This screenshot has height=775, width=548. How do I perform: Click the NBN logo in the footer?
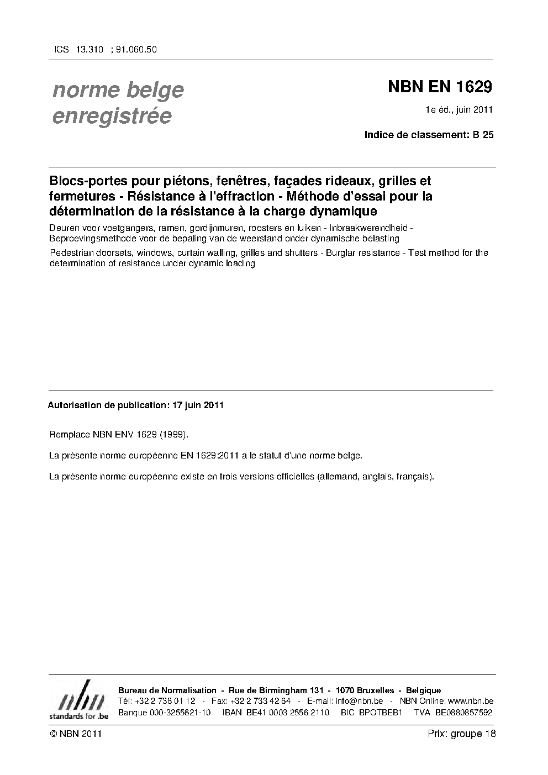[x=78, y=700]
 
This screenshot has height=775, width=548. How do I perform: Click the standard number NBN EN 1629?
[x=440, y=87]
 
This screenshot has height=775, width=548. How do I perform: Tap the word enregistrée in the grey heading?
[x=112, y=116]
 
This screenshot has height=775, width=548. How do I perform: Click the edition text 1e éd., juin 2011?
[x=459, y=109]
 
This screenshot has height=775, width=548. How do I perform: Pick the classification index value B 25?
[x=483, y=134]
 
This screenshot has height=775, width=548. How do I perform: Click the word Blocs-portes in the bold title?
[x=85, y=181]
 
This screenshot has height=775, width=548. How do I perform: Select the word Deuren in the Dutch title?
[x=62, y=228]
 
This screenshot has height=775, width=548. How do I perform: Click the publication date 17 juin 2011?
[x=198, y=405]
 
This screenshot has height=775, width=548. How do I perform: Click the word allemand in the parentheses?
[x=338, y=476]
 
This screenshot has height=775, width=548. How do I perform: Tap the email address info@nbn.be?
[x=359, y=701]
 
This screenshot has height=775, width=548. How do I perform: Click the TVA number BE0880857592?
[x=463, y=712]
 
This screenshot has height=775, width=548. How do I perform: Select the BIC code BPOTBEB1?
[x=380, y=712]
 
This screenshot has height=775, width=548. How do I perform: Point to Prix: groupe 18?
[x=462, y=734]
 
